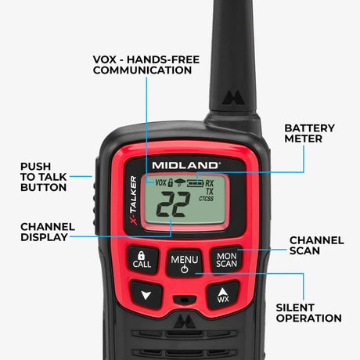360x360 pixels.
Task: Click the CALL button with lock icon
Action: (x=142, y=260)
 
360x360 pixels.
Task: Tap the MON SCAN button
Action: (x=226, y=260)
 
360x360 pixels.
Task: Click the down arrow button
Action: (x=146, y=295)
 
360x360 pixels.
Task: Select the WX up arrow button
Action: (x=222, y=294)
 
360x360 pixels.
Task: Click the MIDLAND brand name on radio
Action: (x=185, y=165)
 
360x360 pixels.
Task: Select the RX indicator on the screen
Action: (x=210, y=182)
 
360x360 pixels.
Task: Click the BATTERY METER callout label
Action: (x=309, y=133)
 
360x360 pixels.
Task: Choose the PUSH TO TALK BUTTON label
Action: (x=43, y=177)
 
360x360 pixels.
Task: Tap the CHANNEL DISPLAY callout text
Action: (x=44, y=232)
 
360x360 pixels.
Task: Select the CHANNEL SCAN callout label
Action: (x=316, y=246)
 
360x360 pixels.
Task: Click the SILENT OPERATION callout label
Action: (x=308, y=312)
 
